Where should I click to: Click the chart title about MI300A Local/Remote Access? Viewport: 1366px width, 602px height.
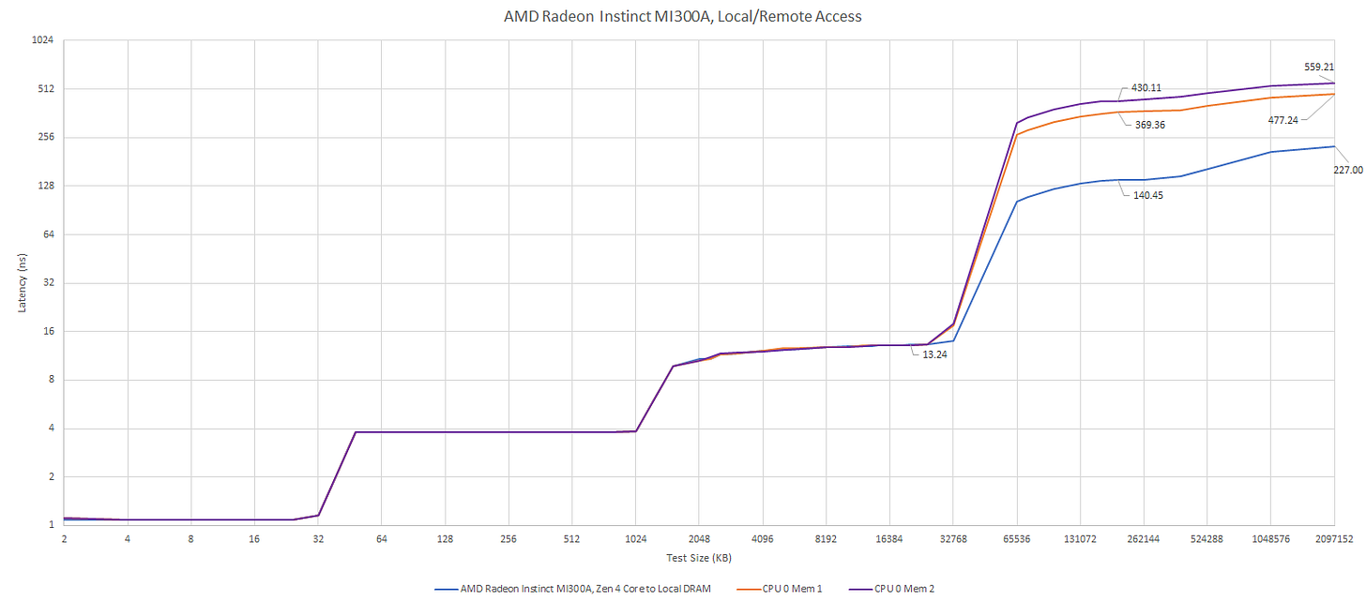coord(683,16)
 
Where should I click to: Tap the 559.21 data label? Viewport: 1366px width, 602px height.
coord(1319,67)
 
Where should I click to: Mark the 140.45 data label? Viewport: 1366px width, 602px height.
coord(1150,195)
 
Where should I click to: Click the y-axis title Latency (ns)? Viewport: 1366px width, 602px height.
coord(22,282)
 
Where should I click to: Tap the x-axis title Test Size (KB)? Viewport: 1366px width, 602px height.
coord(698,558)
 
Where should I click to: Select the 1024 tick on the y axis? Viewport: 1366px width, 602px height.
coord(43,40)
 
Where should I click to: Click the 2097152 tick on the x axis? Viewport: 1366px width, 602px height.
coord(1333,540)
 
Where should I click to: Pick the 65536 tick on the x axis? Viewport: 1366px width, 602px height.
coord(1016,540)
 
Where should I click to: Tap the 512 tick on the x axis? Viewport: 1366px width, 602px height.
coord(571,540)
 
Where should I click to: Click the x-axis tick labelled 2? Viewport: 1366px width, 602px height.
coord(64,540)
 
